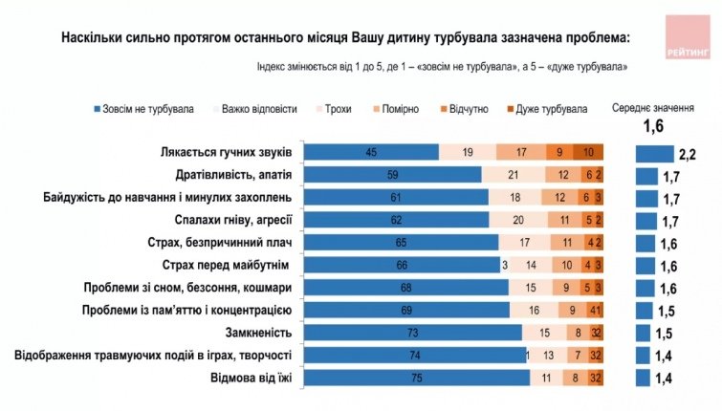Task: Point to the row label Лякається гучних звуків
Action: click(x=234, y=153)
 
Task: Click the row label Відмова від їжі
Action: click(x=256, y=379)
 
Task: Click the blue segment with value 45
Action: click(x=377, y=153)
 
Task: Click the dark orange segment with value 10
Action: click(x=588, y=153)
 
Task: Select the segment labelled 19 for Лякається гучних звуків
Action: click(x=467, y=153)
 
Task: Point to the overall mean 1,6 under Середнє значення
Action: click(x=653, y=126)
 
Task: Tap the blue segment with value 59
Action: click(x=398, y=175)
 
